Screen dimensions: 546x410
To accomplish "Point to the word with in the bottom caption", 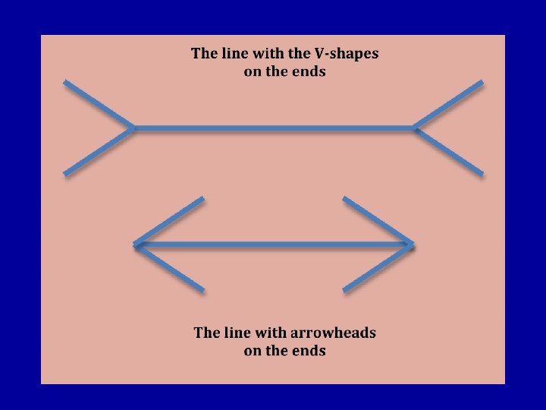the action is (x=268, y=333).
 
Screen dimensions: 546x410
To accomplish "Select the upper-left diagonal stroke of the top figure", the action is (x=99, y=105).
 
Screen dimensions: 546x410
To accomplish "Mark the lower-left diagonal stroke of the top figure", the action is (x=99, y=152).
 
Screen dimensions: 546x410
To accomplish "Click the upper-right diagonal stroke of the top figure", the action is (x=448, y=105).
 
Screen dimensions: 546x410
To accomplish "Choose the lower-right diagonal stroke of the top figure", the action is (x=448, y=152).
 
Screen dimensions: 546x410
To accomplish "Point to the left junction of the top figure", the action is (x=134, y=128).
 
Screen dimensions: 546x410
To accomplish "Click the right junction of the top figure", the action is (x=415, y=128).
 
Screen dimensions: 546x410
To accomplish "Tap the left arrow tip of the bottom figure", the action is (x=136, y=244).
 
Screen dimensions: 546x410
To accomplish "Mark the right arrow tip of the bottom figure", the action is (x=413, y=244).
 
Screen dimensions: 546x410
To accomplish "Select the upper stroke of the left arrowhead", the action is (x=169, y=221).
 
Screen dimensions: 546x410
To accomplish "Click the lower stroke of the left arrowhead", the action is (x=169, y=268).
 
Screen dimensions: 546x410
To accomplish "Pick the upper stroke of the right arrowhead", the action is (x=378, y=221).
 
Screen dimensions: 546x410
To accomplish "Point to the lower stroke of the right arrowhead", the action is (x=378, y=268).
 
